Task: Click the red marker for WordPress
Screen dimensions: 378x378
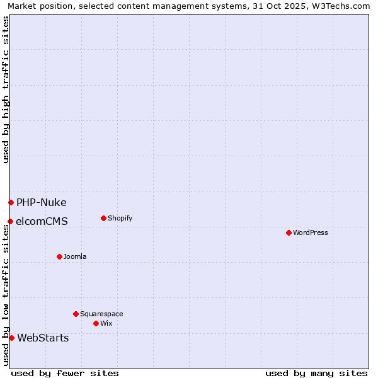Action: tap(289, 232)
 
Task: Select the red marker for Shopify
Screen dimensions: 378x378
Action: tap(103, 218)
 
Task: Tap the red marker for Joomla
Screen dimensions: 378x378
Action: tap(59, 256)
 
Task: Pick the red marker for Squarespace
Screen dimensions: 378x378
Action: tap(76, 314)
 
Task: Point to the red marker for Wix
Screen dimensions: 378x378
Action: tap(96, 323)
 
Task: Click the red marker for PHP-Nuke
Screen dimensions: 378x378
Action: tap(11, 202)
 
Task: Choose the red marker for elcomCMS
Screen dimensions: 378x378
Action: tap(10, 221)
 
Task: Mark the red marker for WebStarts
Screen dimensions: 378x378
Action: tap(11, 338)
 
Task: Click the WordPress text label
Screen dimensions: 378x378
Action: tap(311, 232)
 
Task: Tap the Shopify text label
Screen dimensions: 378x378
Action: tap(120, 218)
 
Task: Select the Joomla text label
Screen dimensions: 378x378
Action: tap(75, 256)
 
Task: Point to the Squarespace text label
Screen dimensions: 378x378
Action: tap(101, 314)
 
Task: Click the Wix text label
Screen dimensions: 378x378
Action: tap(106, 323)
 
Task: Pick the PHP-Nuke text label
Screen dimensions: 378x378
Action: tap(42, 202)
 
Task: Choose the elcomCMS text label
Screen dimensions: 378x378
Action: tap(42, 221)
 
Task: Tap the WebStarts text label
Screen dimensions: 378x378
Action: tap(43, 338)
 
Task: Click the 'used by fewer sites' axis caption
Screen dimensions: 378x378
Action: tap(65, 373)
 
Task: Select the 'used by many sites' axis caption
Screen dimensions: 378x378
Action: tap(316, 373)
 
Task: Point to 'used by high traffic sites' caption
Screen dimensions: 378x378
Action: tap(6, 89)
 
